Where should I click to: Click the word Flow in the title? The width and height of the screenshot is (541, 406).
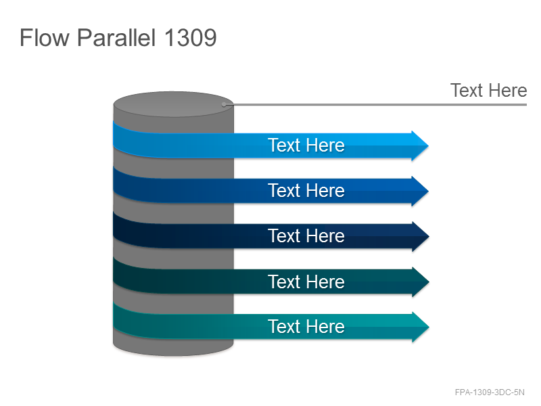click(45, 37)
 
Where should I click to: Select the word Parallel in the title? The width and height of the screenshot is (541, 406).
click(116, 37)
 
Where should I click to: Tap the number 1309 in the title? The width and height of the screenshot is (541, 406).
click(191, 37)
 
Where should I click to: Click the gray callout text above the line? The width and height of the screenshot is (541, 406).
click(488, 91)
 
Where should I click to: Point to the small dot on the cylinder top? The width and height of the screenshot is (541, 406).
click(224, 104)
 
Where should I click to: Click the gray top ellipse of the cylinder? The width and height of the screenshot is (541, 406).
click(173, 104)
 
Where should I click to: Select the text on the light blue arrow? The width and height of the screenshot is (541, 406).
click(306, 145)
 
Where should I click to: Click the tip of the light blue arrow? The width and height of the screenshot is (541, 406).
click(428, 145)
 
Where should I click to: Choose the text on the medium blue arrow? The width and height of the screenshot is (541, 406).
click(306, 191)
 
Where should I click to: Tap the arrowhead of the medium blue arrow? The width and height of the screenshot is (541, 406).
click(420, 191)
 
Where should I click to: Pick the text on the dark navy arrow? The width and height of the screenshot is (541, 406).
click(306, 235)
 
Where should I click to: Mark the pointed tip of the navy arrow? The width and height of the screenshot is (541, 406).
click(429, 236)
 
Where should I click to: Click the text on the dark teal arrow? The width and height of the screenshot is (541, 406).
click(306, 281)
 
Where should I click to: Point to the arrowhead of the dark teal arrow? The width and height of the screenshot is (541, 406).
click(420, 282)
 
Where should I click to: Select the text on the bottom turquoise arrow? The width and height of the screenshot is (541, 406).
click(306, 327)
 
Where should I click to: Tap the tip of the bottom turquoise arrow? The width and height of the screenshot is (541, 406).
click(429, 327)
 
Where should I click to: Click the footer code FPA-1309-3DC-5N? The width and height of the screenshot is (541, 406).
click(490, 392)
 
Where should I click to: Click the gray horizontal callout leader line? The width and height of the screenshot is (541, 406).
click(375, 104)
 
